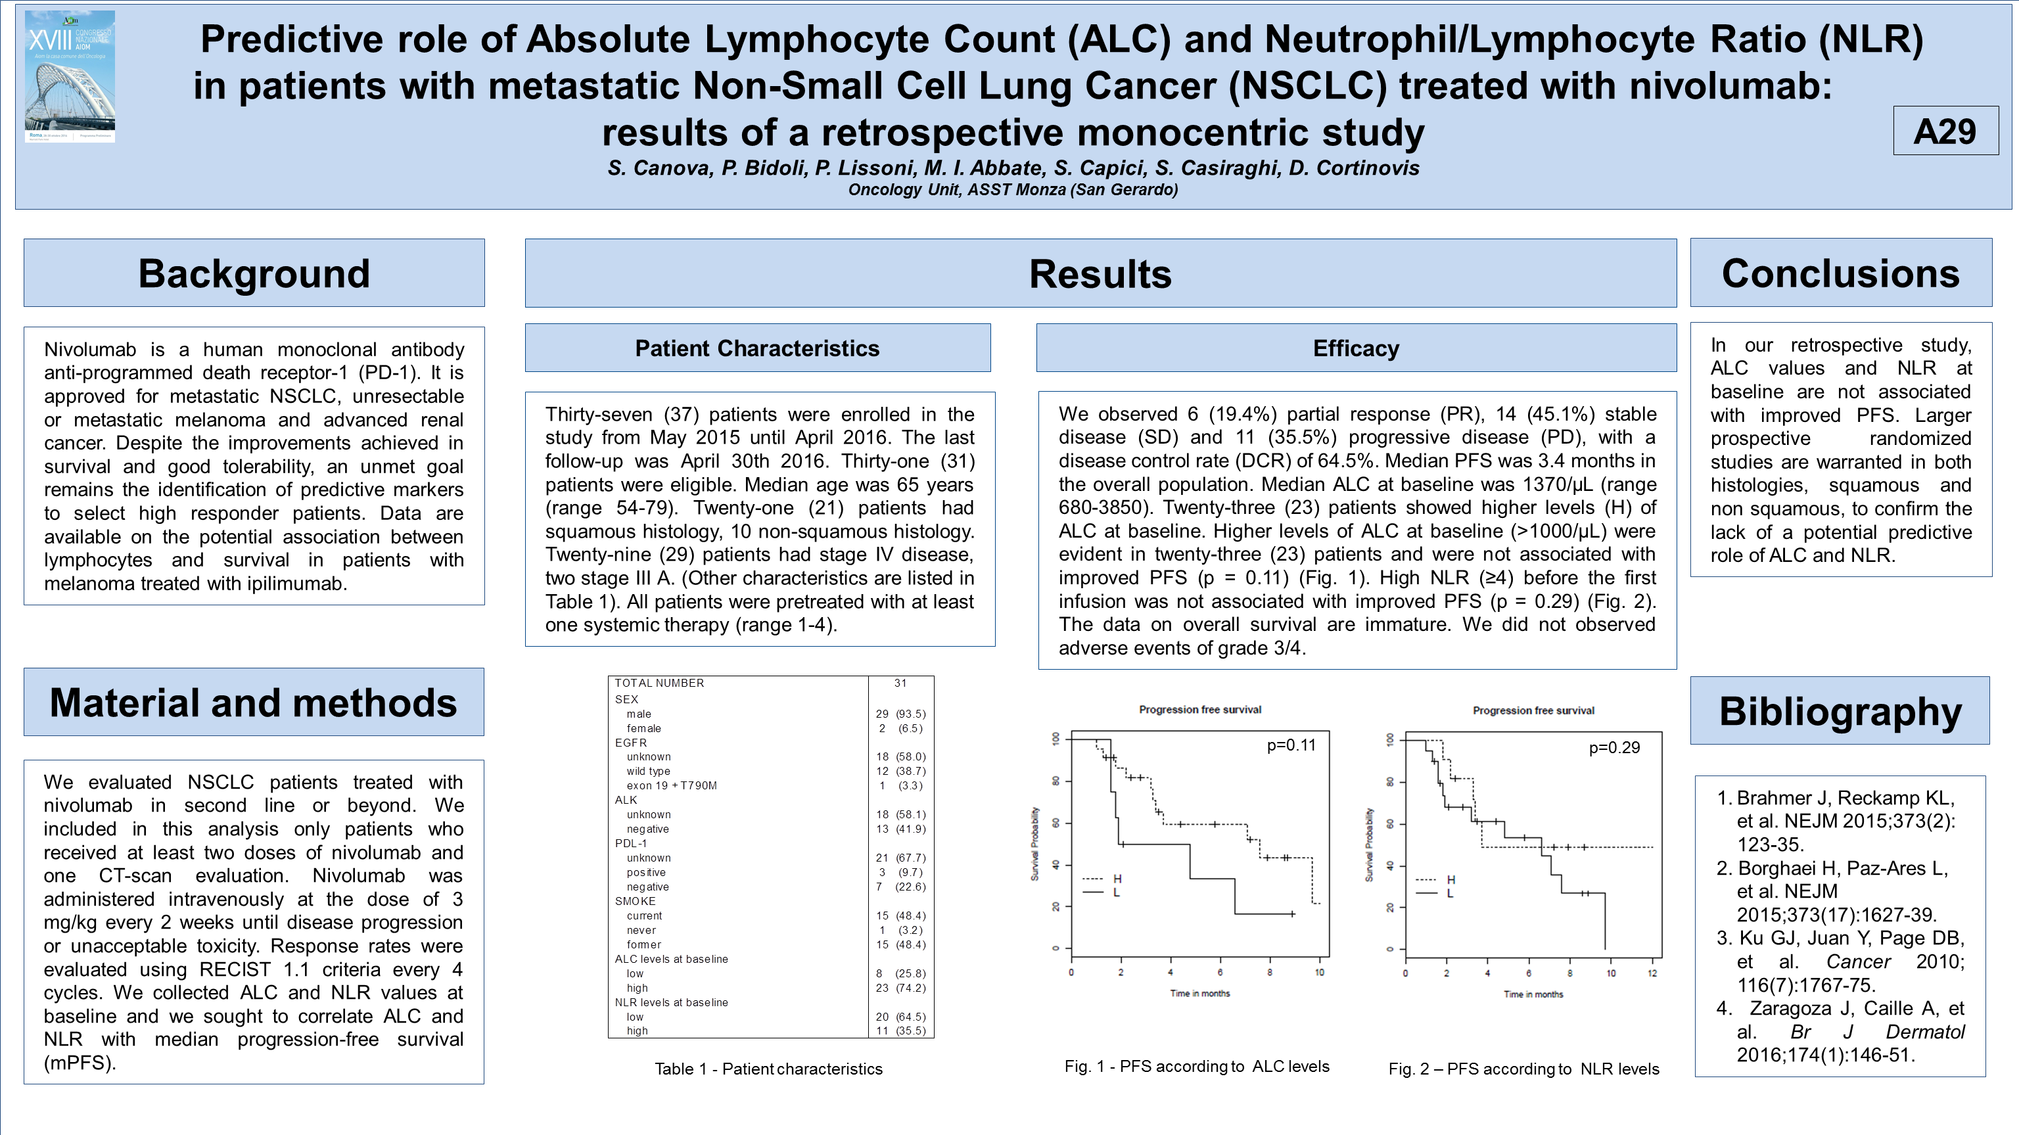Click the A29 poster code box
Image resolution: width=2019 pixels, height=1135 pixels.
(x=1945, y=131)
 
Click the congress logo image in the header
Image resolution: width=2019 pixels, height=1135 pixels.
(x=70, y=76)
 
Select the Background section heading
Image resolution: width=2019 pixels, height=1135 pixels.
(x=254, y=273)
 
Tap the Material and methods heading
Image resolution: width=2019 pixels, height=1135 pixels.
(x=253, y=703)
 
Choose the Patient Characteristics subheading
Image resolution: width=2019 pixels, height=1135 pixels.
(x=757, y=348)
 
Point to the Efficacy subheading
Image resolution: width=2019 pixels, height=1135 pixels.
(x=1356, y=348)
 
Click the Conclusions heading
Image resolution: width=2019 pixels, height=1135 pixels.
(x=1840, y=273)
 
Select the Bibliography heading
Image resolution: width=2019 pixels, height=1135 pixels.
(x=1840, y=712)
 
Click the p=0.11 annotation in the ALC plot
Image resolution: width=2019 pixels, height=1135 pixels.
(x=1291, y=745)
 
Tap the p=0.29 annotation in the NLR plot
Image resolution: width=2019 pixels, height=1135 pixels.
(x=1613, y=748)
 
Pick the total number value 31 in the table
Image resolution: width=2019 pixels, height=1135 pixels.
(x=900, y=683)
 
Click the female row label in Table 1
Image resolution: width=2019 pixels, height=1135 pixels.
(x=643, y=728)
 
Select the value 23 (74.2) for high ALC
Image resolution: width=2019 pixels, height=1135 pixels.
(x=900, y=988)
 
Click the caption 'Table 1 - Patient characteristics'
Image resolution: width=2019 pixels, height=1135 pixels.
(x=768, y=1069)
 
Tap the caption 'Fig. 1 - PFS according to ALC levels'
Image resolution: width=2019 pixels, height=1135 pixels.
(x=1197, y=1067)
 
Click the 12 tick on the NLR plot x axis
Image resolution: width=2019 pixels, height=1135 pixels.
(x=1652, y=973)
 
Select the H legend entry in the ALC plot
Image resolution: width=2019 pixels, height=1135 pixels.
(x=1116, y=879)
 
